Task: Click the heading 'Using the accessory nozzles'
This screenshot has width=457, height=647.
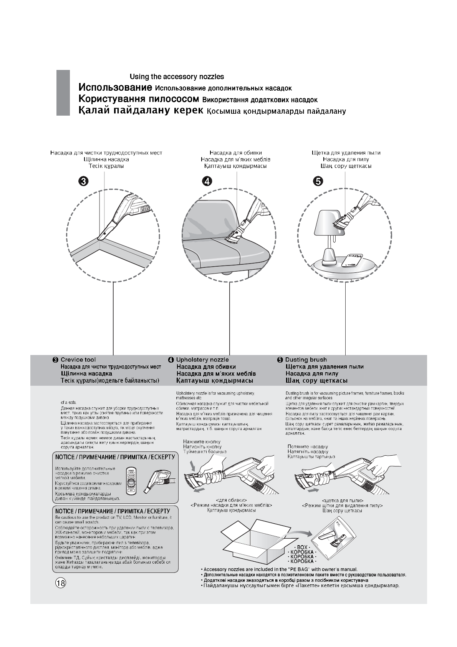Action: click(x=177, y=77)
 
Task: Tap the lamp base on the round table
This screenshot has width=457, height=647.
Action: click(x=330, y=256)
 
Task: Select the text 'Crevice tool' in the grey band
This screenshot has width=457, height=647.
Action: click(x=78, y=360)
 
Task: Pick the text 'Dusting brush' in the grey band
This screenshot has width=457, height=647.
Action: click(x=306, y=360)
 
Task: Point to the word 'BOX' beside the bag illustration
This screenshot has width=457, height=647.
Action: click(x=302, y=547)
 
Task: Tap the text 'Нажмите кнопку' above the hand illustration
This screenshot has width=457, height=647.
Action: click(x=202, y=442)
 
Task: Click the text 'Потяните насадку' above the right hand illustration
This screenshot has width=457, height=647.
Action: click(x=308, y=447)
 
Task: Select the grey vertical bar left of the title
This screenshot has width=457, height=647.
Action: click(x=63, y=93)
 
